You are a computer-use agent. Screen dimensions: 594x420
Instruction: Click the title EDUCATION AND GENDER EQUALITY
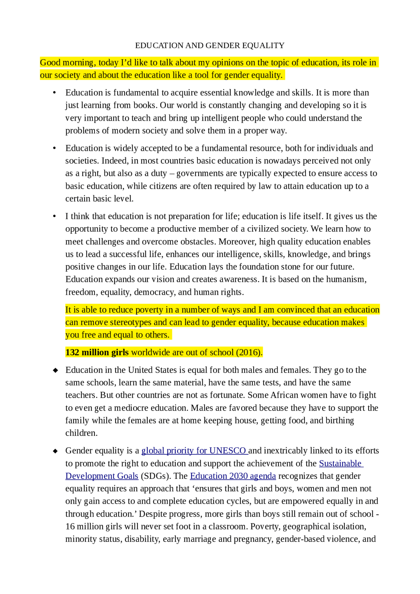pos(210,45)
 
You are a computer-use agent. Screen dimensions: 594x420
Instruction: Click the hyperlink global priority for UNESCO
pos(194,451)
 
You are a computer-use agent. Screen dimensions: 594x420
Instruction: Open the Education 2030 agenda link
pos(233,476)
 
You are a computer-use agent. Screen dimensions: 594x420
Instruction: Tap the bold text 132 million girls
pos(97,353)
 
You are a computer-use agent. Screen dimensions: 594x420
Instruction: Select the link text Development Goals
pos(102,476)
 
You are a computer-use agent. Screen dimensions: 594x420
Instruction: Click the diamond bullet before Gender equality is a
pos(55,451)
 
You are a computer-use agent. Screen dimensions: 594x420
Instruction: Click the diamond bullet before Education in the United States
pos(55,370)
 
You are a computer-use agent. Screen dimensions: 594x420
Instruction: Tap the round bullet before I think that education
pos(54,216)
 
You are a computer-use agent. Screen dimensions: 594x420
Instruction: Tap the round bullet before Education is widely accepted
pos(54,148)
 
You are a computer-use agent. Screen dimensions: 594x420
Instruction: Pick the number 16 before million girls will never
pos(70,526)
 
